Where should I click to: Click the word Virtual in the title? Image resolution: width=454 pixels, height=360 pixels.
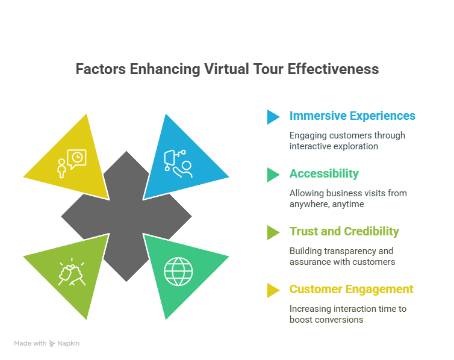click(x=226, y=69)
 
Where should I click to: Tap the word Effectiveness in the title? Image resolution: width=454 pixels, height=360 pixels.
click(x=333, y=69)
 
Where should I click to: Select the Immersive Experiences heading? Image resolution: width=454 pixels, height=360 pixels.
click(x=352, y=116)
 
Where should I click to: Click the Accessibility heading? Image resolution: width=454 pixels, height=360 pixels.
click(x=324, y=173)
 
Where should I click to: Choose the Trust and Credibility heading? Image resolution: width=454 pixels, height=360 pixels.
click(x=344, y=232)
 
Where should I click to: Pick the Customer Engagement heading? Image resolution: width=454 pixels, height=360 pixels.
click(x=352, y=290)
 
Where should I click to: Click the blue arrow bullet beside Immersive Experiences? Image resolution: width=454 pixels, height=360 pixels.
click(x=273, y=117)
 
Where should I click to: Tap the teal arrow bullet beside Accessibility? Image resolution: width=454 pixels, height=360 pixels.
click(x=273, y=175)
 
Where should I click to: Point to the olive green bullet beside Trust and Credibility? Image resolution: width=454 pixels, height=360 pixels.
click(x=273, y=232)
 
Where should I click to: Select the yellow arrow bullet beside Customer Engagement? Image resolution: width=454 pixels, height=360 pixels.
click(x=273, y=291)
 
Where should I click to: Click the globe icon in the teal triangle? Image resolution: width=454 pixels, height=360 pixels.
click(x=178, y=272)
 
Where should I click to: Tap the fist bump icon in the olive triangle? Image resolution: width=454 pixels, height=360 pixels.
click(x=72, y=272)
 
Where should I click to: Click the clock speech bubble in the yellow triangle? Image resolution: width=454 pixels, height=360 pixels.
click(x=76, y=159)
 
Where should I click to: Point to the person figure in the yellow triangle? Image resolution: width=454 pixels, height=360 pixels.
click(x=61, y=169)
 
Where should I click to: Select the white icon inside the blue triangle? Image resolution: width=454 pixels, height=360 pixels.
click(x=178, y=164)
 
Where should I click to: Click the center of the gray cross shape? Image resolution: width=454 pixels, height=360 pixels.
click(x=126, y=216)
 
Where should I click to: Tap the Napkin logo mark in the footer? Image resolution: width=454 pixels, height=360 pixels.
click(x=52, y=344)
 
